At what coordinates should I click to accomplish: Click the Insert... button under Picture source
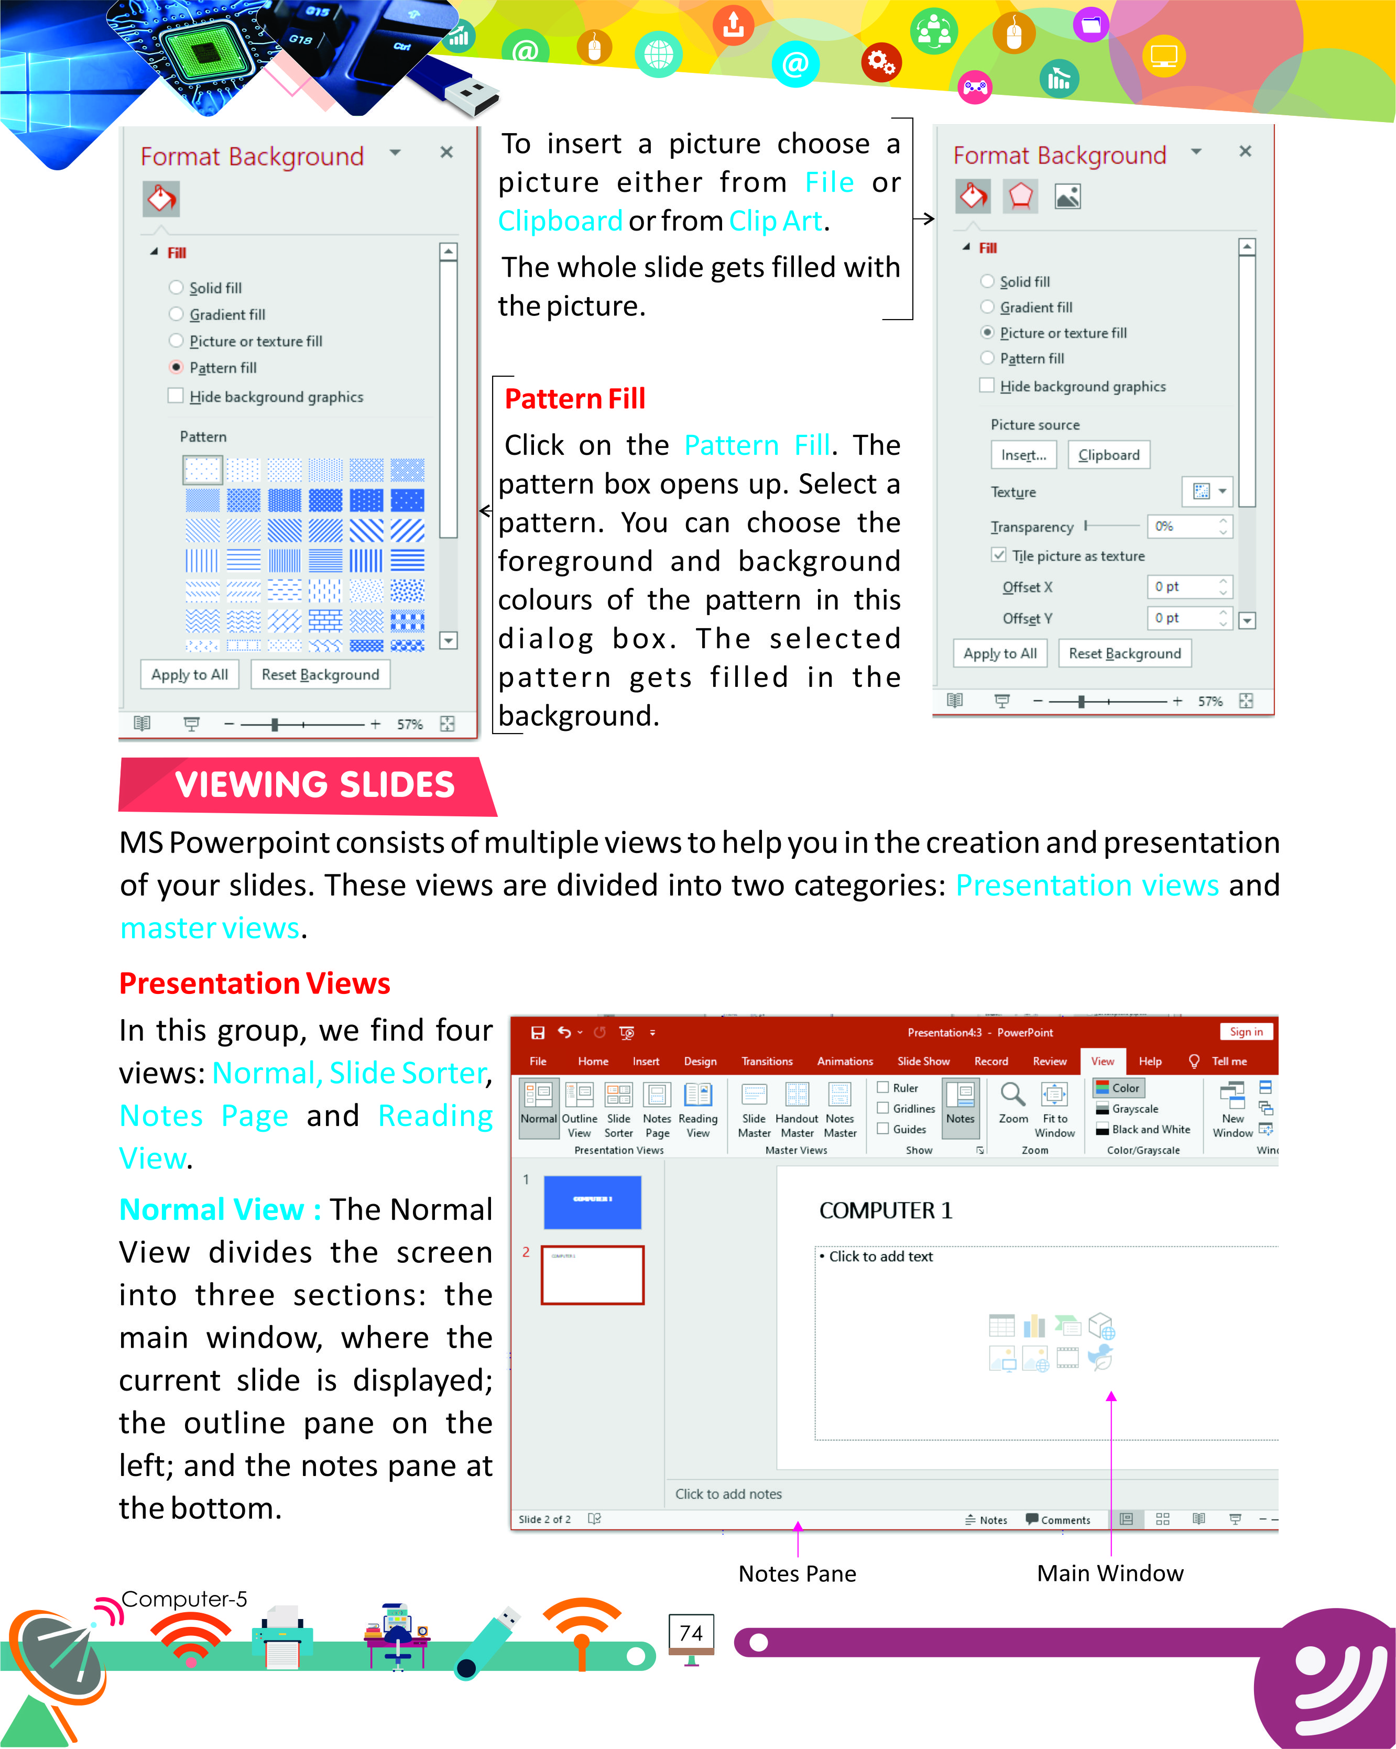[x=1023, y=455]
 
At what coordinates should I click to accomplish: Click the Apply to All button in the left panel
[x=189, y=674]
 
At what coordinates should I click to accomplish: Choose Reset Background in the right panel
[x=1124, y=653]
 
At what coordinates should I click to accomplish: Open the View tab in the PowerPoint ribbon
[x=1101, y=1061]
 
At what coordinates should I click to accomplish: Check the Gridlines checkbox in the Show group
[x=884, y=1108]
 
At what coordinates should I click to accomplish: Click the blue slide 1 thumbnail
[x=592, y=1202]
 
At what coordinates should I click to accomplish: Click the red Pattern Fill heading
[x=574, y=398]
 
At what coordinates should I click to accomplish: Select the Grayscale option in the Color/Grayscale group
[x=1134, y=1109]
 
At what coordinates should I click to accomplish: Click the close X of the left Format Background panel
[x=446, y=152]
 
